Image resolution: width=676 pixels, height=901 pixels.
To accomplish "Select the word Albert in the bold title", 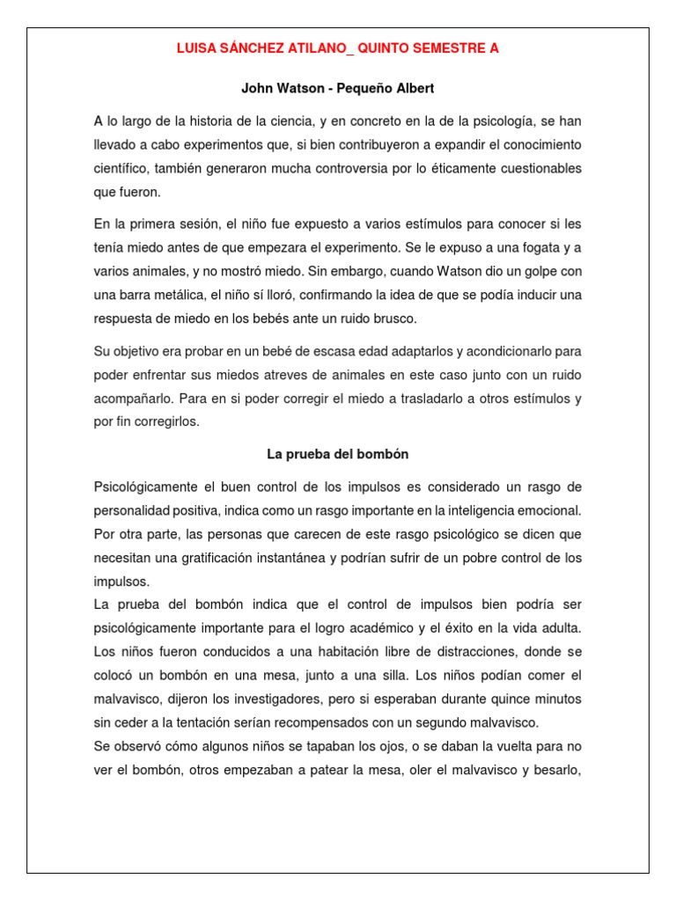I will pyautogui.click(x=415, y=89).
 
